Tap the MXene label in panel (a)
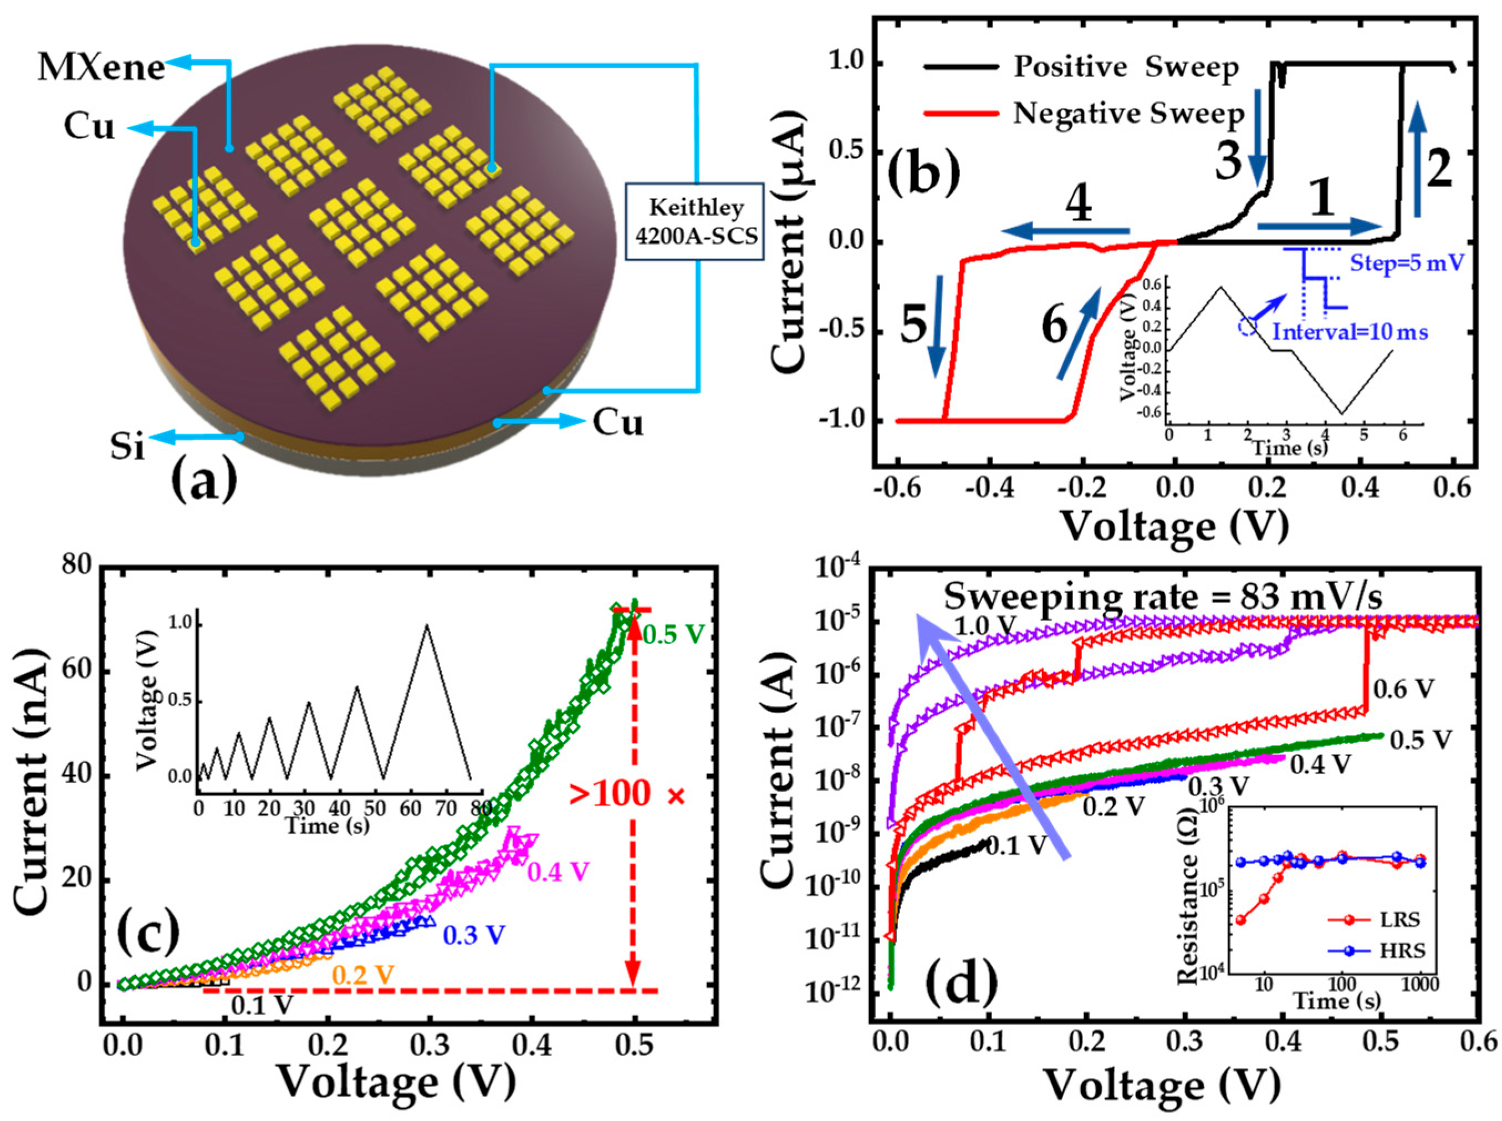coord(101,68)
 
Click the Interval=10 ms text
coord(1350,332)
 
